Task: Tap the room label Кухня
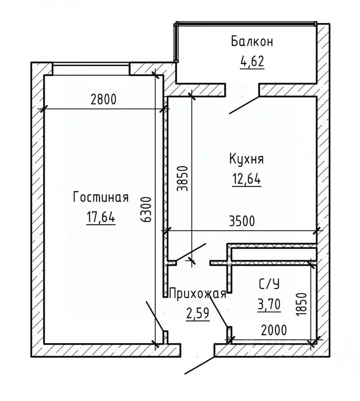(246, 158)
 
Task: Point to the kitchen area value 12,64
(246, 180)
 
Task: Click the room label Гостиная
(101, 197)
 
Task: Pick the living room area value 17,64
(100, 218)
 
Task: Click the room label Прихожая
(198, 293)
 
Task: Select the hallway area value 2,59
(198, 313)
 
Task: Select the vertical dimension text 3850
(182, 180)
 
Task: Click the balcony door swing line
(244, 105)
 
